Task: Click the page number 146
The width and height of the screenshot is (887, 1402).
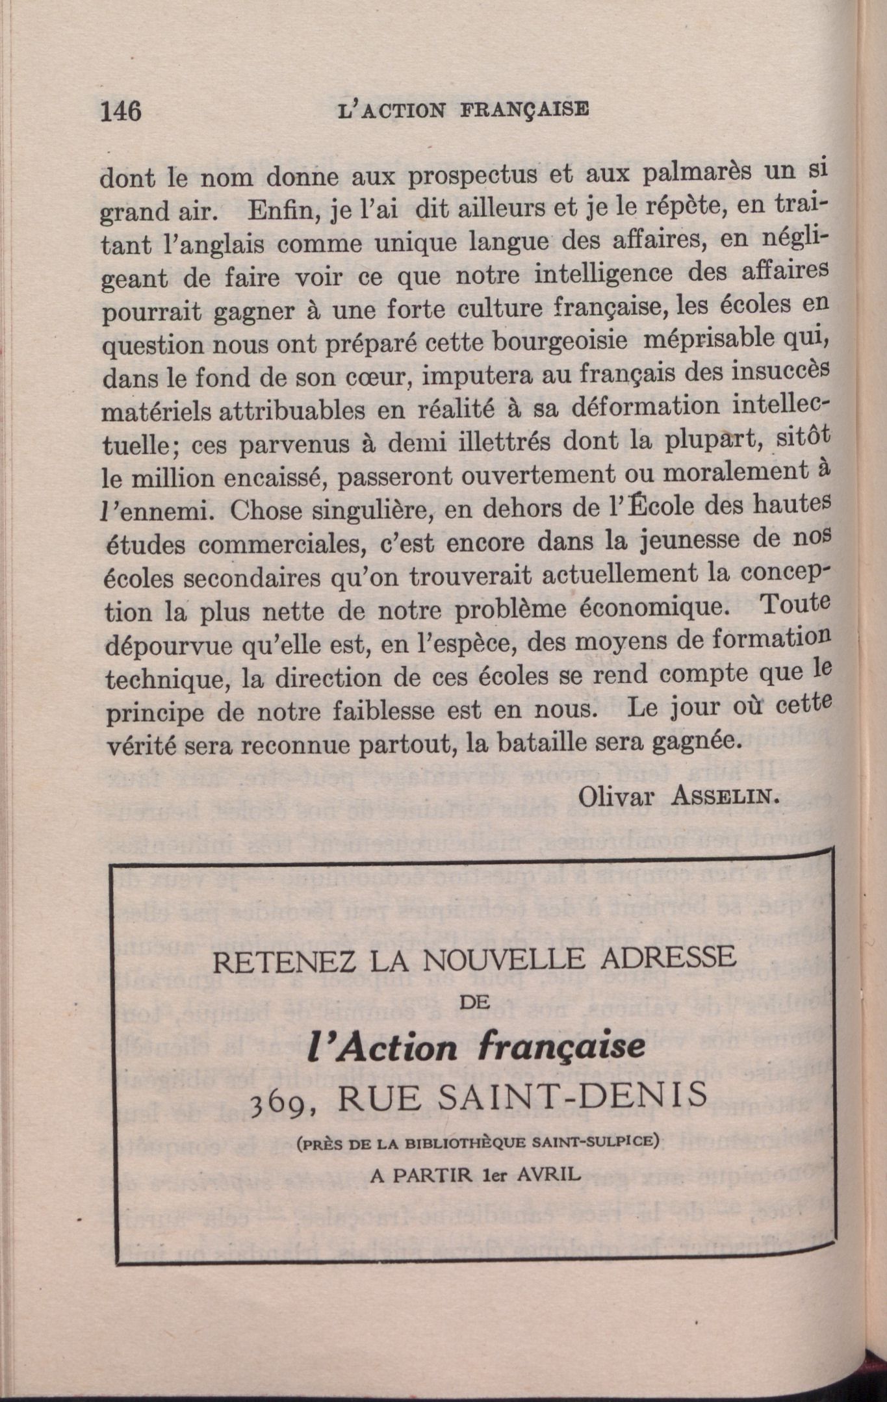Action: click(120, 111)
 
